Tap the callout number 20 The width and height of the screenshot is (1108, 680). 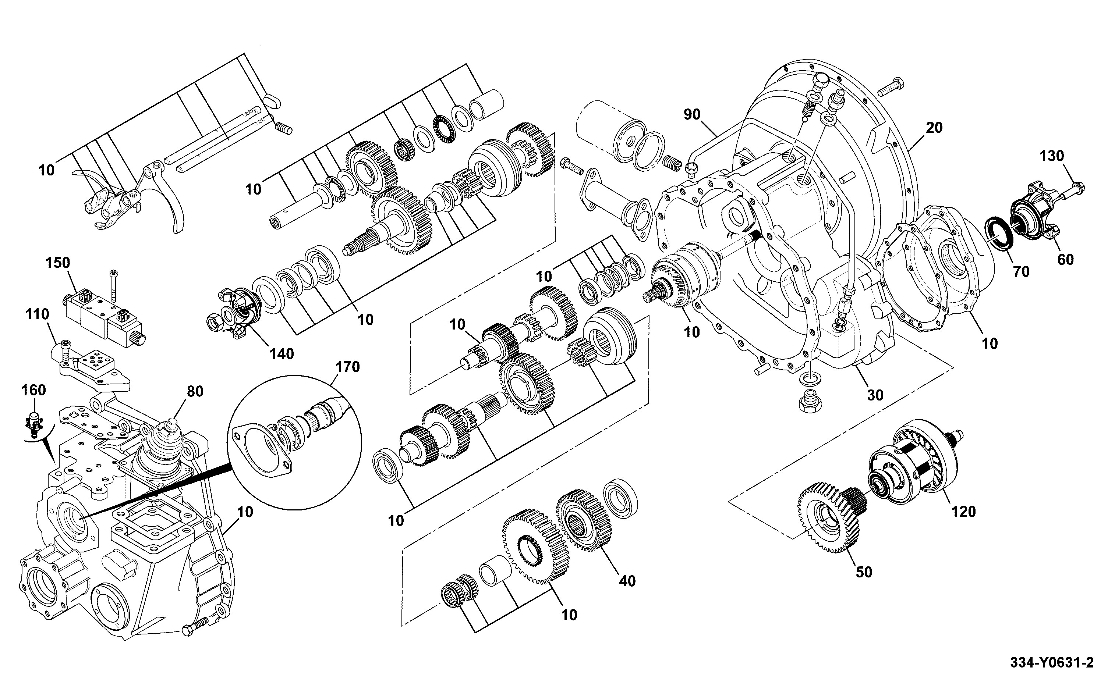[934, 128]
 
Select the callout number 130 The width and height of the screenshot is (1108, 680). [1051, 156]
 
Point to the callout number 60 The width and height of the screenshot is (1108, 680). [1065, 260]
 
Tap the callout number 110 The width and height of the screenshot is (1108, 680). [37, 314]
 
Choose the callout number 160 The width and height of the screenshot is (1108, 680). [34, 390]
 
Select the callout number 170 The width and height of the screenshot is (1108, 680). [348, 367]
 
